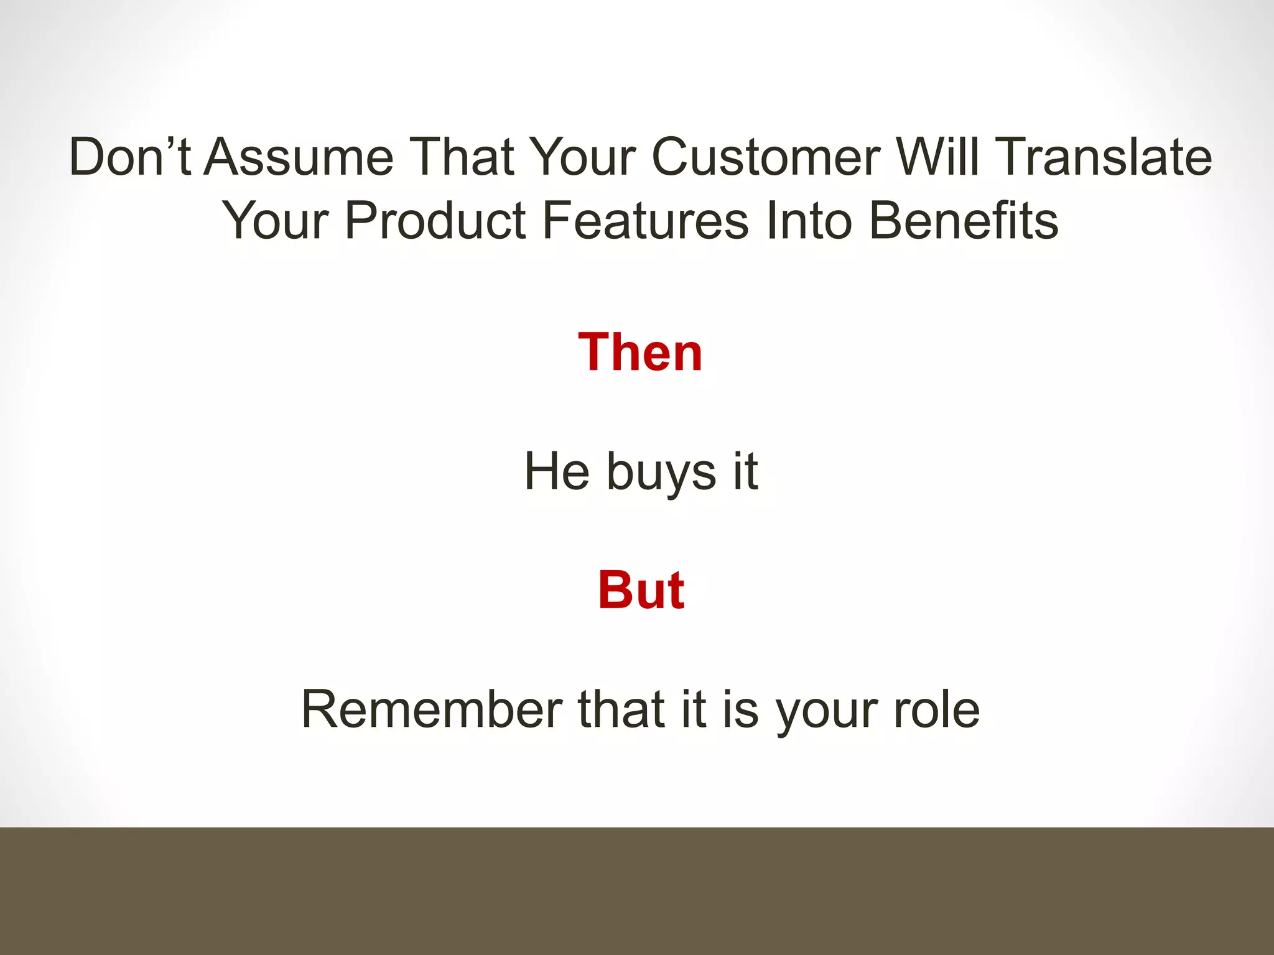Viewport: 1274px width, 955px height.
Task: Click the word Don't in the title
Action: pos(129,157)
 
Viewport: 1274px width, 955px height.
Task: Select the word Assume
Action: pos(299,157)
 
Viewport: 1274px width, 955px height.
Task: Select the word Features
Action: pos(646,220)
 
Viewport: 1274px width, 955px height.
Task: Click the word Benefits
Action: pos(964,220)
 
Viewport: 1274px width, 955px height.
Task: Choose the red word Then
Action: pos(640,353)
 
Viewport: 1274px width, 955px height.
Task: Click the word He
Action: pos(557,471)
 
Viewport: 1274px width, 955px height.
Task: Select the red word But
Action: pos(641,590)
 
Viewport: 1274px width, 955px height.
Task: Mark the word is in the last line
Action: pos(740,709)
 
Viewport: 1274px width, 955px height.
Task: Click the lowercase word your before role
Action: pos(827,712)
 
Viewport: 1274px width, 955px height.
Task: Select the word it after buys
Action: pos(745,471)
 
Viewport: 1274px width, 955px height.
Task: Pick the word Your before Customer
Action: pos(584,157)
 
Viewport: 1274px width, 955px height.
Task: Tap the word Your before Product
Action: pos(276,220)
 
